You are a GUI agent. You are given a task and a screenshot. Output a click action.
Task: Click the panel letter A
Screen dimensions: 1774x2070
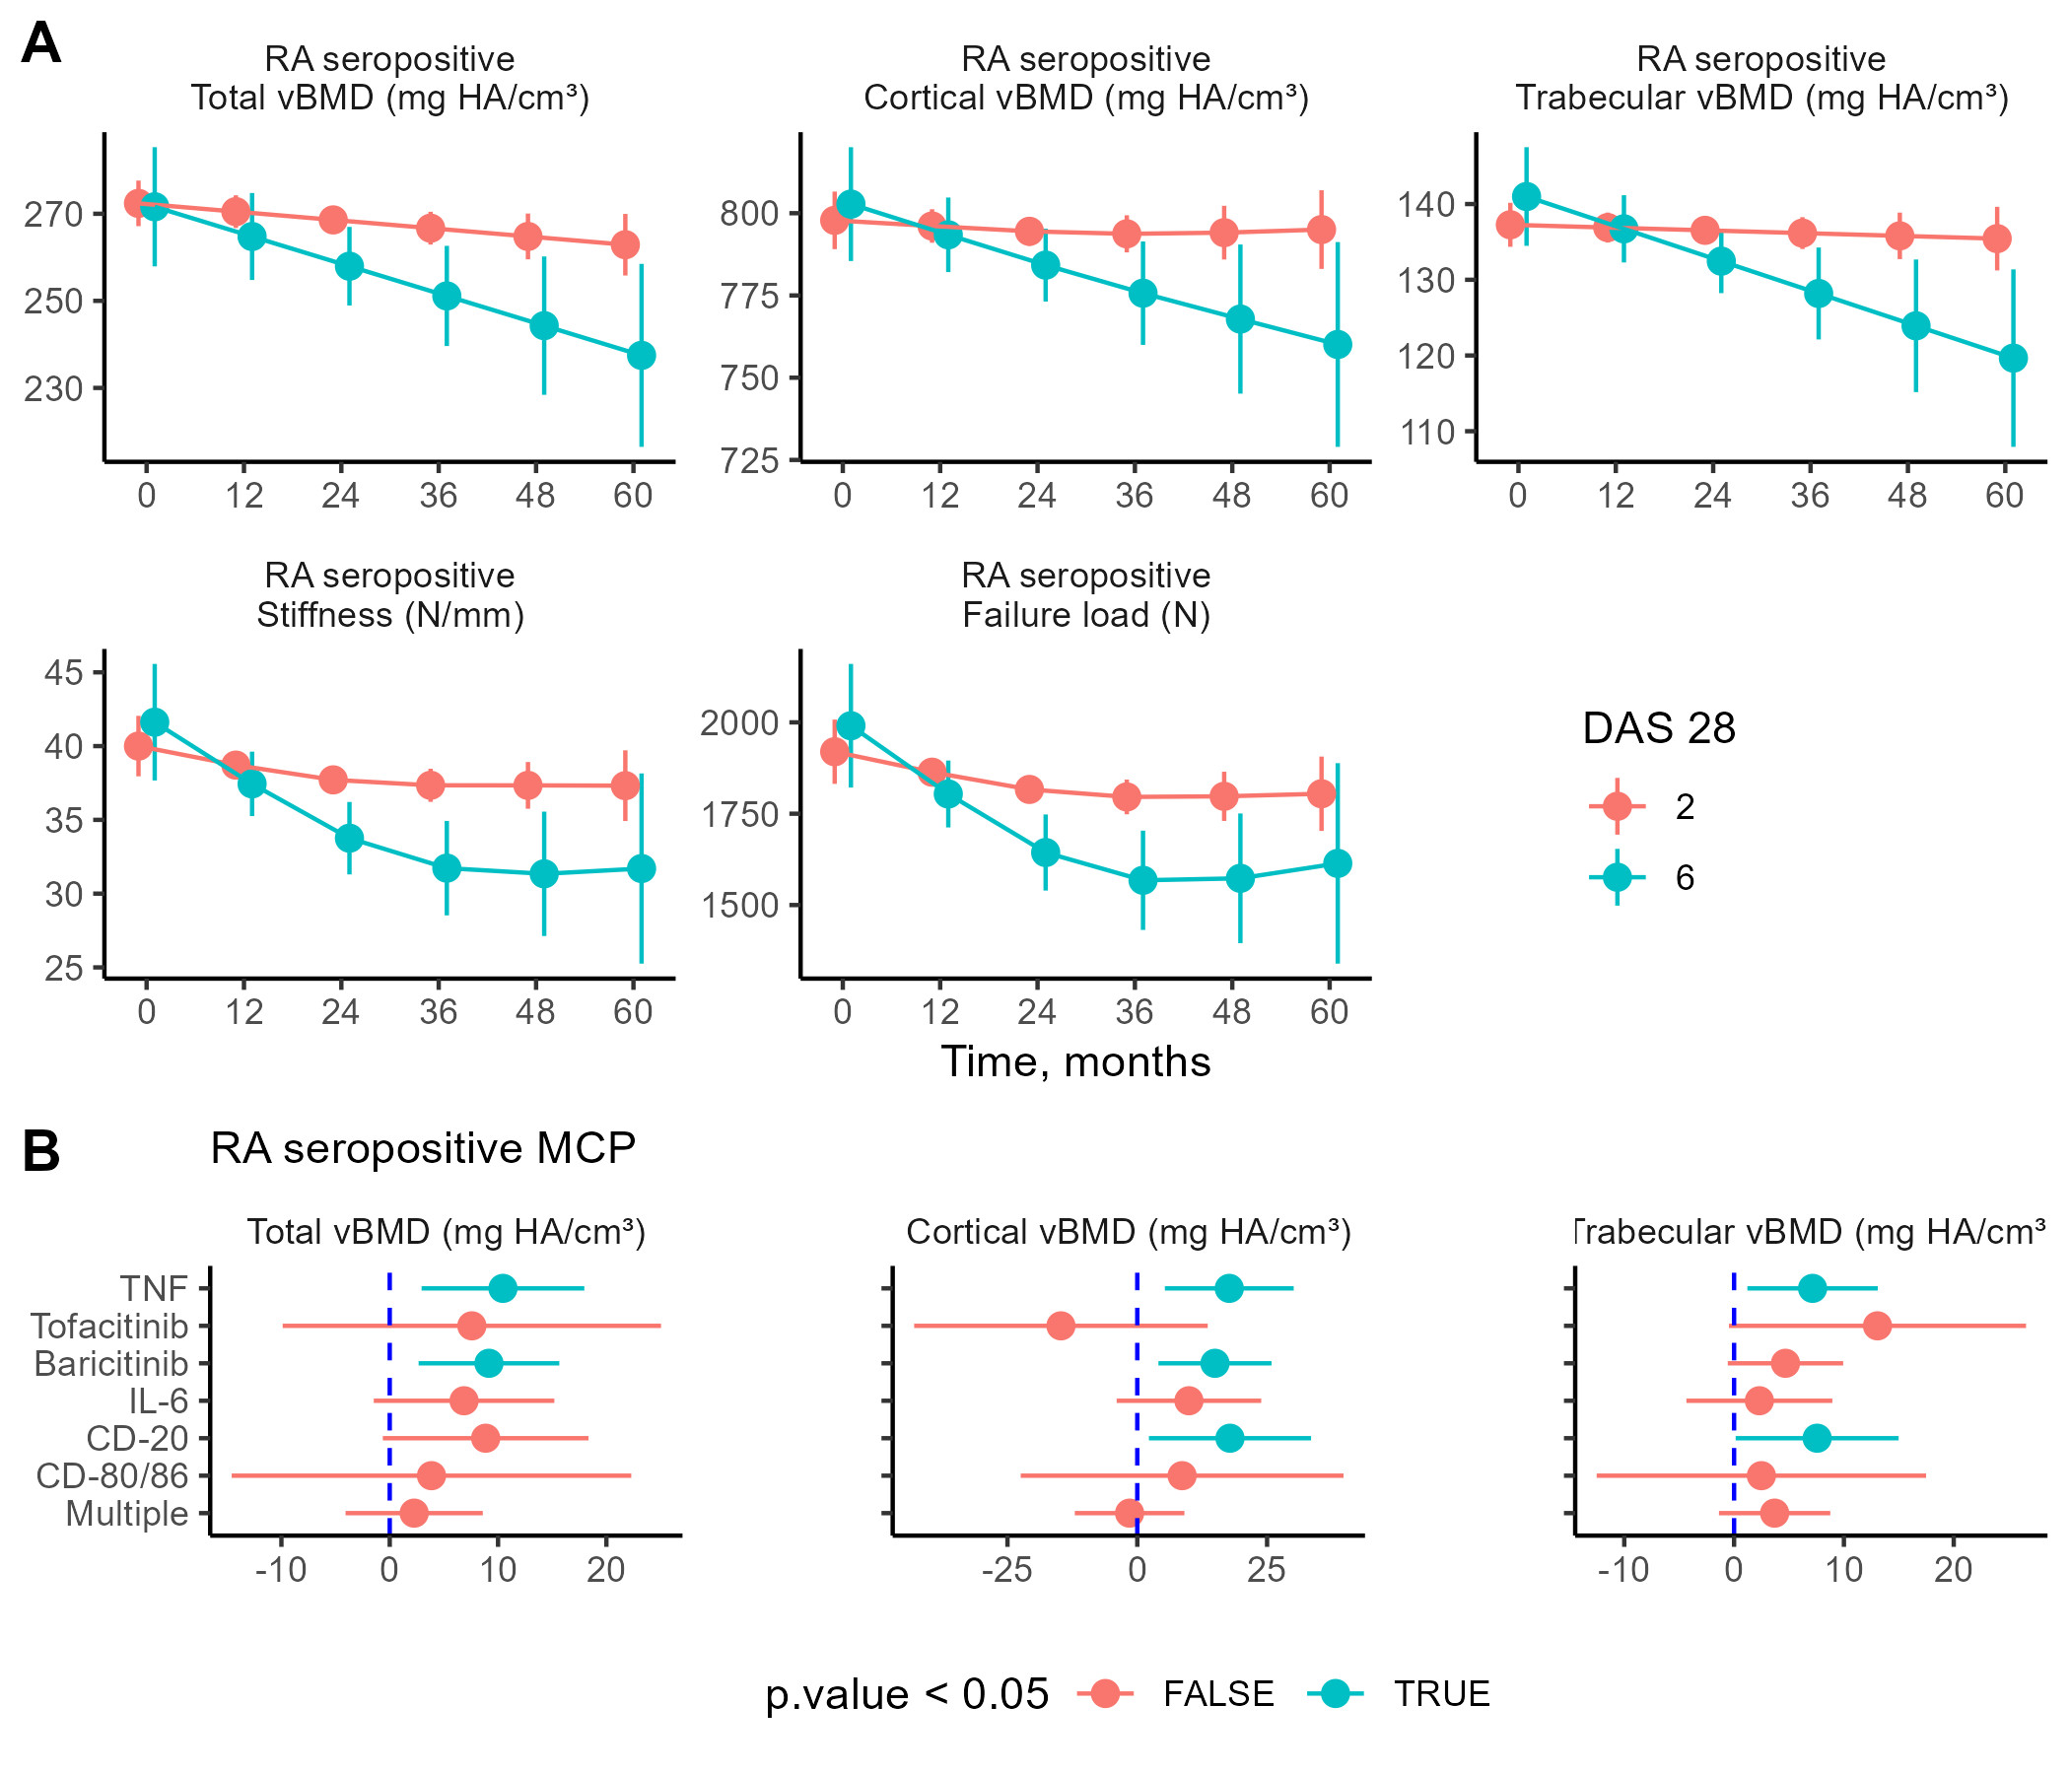point(41,44)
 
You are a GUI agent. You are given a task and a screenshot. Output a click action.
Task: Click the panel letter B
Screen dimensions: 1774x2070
point(41,1151)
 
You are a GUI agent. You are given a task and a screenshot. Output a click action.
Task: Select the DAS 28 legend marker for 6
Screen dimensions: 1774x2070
point(1617,878)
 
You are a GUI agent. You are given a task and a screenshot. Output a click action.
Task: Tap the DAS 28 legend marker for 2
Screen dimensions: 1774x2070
point(1617,806)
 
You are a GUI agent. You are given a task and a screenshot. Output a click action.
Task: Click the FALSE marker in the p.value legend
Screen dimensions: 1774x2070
point(1105,1694)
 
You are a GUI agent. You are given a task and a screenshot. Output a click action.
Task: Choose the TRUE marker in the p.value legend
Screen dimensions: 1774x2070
point(1335,1694)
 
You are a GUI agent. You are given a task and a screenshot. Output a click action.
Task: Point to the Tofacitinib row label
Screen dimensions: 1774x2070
point(109,1327)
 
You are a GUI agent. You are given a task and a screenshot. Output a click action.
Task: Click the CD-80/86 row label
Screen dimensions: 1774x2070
point(112,1476)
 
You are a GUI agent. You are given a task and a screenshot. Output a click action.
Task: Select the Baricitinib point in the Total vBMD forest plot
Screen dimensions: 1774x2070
point(489,1363)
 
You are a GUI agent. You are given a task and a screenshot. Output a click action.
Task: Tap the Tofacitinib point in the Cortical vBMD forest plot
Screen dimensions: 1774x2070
point(1061,1327)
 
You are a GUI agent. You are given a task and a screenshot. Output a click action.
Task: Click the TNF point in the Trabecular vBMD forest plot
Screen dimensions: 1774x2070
point(1813,1288)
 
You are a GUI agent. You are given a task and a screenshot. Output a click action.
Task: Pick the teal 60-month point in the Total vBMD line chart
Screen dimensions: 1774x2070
point(642,356)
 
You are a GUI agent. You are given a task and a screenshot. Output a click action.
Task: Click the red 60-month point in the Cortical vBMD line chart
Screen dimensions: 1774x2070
point(1321,230)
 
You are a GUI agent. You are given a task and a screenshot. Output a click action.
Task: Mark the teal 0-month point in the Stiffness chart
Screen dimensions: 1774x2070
point(155,722)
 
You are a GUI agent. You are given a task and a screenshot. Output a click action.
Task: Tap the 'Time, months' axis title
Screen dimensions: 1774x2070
point(1075,1061)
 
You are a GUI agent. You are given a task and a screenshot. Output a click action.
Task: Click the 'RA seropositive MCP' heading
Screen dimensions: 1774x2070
point(423,1150)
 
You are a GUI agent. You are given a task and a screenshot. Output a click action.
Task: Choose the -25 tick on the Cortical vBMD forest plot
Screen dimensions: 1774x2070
point(1007,1570)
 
